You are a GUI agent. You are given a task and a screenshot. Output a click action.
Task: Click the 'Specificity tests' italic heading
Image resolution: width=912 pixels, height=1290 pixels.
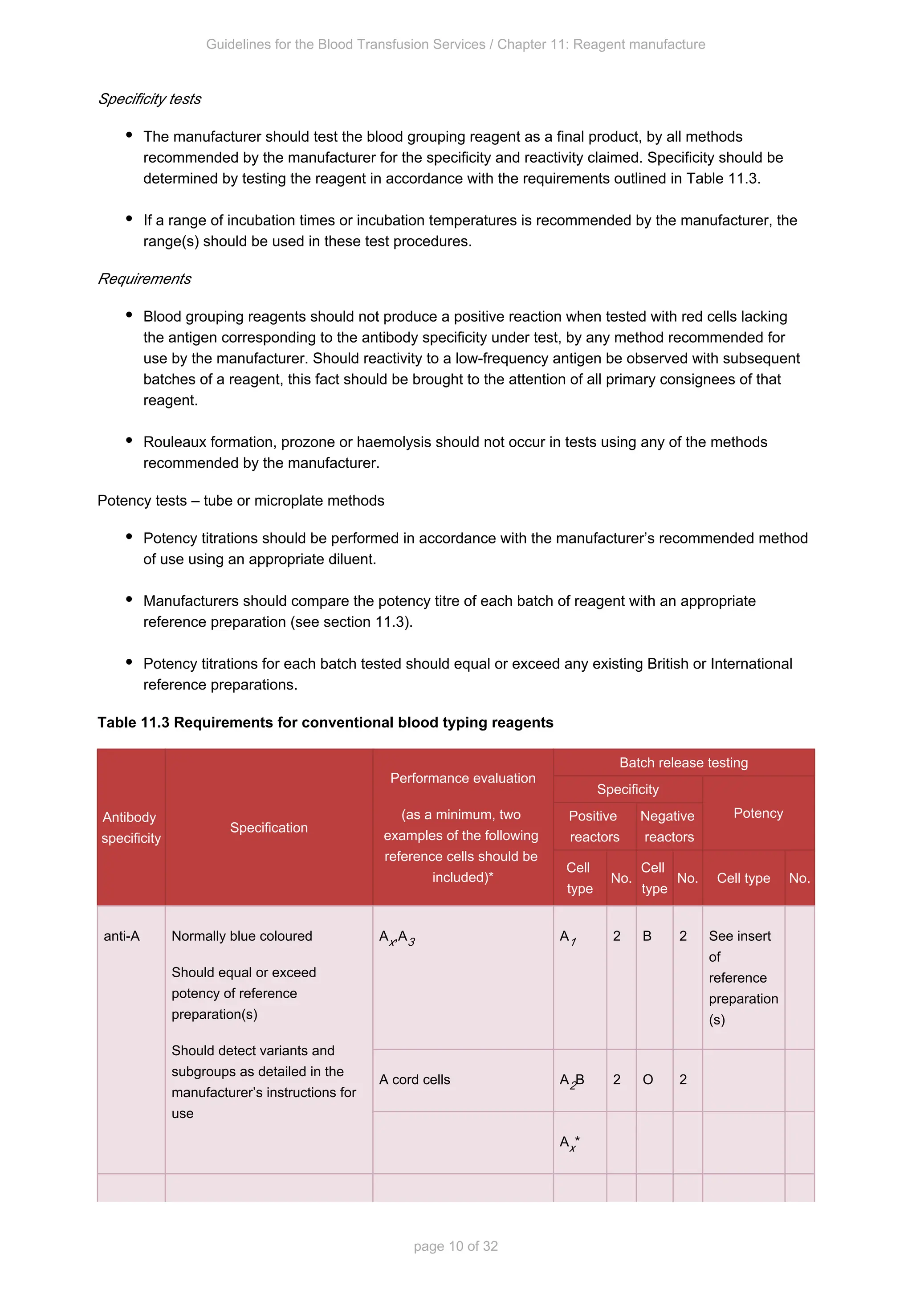(149, 99)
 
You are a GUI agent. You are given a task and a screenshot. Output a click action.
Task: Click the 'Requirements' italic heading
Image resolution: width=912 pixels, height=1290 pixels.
(144, 279)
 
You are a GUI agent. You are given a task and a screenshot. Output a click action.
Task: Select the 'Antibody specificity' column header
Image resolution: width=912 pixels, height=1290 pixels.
(131, 828)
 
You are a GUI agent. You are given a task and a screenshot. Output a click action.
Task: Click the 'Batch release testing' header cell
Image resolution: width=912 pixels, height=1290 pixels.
(684, 763)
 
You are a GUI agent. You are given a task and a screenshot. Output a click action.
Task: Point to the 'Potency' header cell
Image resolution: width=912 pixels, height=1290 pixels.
(758, 813)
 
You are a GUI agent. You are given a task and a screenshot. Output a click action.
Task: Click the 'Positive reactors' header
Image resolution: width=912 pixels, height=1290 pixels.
(594, 826)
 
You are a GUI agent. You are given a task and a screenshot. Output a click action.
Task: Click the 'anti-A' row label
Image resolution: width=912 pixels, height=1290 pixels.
(121, 936)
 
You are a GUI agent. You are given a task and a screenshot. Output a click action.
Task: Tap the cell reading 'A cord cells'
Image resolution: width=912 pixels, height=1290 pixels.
(415, 1080)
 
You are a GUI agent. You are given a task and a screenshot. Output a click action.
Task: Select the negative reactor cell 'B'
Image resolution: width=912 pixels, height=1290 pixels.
(647, 936)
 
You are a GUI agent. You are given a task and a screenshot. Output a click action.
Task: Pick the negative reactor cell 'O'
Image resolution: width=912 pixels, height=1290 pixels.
(647, 1080)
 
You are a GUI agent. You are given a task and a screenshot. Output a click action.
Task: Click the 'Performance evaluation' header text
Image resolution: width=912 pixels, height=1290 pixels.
(463, 778)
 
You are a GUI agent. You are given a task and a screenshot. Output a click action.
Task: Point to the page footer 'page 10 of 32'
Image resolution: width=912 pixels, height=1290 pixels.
(456, 1246)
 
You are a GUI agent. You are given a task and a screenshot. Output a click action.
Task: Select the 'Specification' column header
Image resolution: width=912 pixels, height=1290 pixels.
(269, 828)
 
